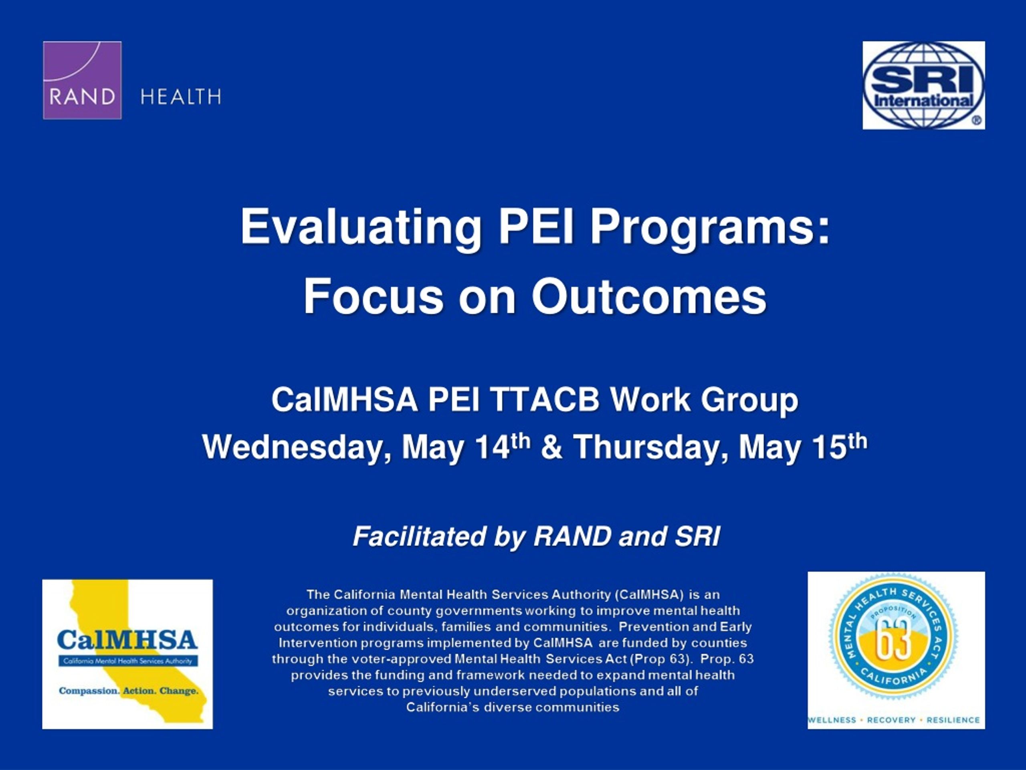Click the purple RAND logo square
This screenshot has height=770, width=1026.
click(x=82, y=80)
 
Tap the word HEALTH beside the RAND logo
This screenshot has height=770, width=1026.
click(x=181, y=97)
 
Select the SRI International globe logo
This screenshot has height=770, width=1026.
click(x=923, y=85)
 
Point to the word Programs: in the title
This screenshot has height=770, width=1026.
click(x=710, y=227)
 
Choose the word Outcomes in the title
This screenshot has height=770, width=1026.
click(x=649, y=296)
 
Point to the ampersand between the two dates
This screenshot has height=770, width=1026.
click(x=551, y=448)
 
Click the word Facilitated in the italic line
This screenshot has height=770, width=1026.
click(x=419, y=537)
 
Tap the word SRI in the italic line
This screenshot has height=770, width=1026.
click(x=697, y=537)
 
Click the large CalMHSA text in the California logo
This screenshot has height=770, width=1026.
click(x=127, y=640)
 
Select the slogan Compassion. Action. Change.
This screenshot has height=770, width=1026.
click(x=129, y=691)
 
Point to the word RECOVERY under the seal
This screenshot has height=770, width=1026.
click(x=891, y=720)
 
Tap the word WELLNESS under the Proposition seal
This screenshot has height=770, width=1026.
click(x=832, y=720)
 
